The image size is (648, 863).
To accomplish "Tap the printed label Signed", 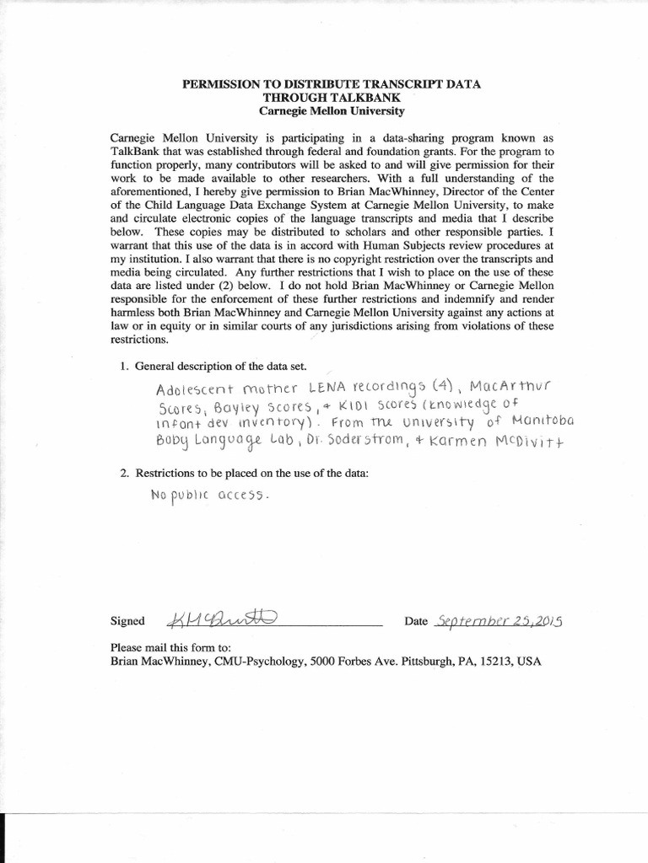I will coord(127,622).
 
